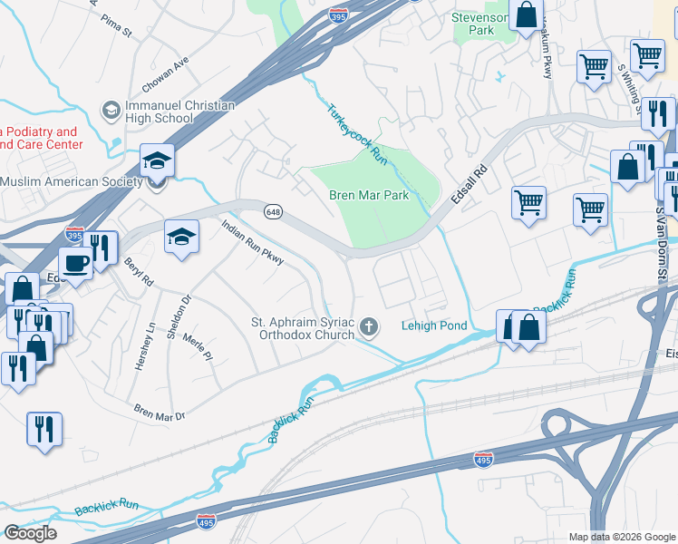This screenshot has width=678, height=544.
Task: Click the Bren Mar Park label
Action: pos(369,195)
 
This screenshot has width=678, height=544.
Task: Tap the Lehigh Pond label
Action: pos(434,326)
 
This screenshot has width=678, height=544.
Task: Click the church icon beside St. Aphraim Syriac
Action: pos(368,325)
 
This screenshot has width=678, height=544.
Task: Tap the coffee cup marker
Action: pos(75,263)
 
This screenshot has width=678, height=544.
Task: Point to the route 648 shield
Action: pos(272,211)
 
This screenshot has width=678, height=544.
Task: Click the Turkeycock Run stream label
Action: pos(357,132)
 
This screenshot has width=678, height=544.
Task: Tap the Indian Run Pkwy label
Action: pos(253,247)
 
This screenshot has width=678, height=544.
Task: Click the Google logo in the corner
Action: pos(30,532)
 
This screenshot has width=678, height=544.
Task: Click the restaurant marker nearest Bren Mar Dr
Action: pos(44,429)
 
